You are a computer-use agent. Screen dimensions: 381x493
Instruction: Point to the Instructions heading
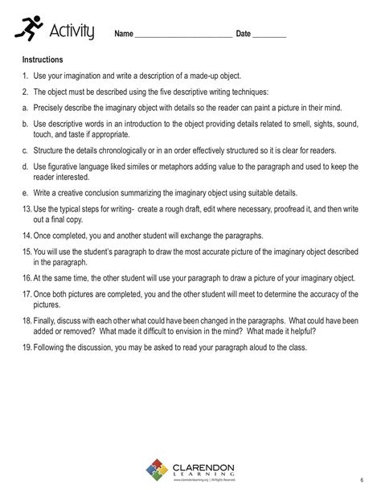(x=43, y=60)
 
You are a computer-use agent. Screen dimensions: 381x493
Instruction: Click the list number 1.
(x=25, y=76)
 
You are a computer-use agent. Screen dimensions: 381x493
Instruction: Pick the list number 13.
(x=27, y=209)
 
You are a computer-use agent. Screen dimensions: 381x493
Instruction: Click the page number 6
(x=362, y=479)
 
